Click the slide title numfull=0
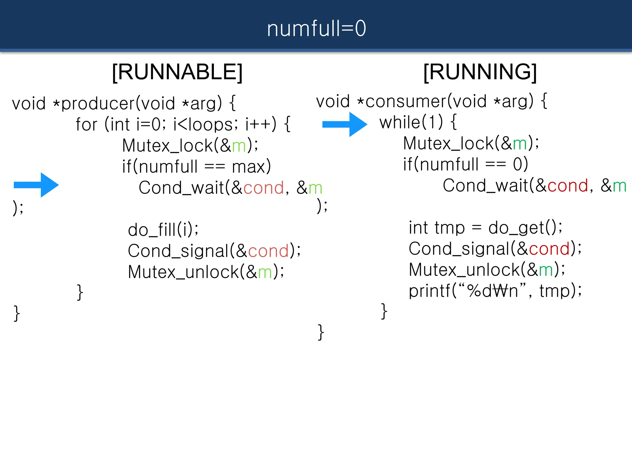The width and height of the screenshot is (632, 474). coord(316,28)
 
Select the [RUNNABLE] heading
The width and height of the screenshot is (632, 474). coord(177,72)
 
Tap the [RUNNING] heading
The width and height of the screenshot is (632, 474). coord(480,72)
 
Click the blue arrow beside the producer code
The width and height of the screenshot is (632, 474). coord(36,185)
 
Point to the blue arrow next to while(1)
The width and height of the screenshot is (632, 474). coord(345,124)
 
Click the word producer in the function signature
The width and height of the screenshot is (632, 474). coord(98,103)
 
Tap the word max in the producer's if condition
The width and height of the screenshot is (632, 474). coord(248,167)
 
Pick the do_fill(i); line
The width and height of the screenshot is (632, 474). coord(163,230)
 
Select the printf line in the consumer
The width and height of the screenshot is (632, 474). coord(495,291)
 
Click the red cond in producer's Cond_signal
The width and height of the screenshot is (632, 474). coord(268,251)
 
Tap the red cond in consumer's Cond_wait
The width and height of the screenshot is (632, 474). coord(568,186)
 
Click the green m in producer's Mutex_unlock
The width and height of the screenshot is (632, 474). coord(265,272)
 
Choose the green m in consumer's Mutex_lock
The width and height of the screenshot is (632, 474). coord(520,144)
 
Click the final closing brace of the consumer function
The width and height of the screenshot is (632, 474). coord(321,332)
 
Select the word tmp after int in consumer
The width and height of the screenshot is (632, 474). coord(449,228)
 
